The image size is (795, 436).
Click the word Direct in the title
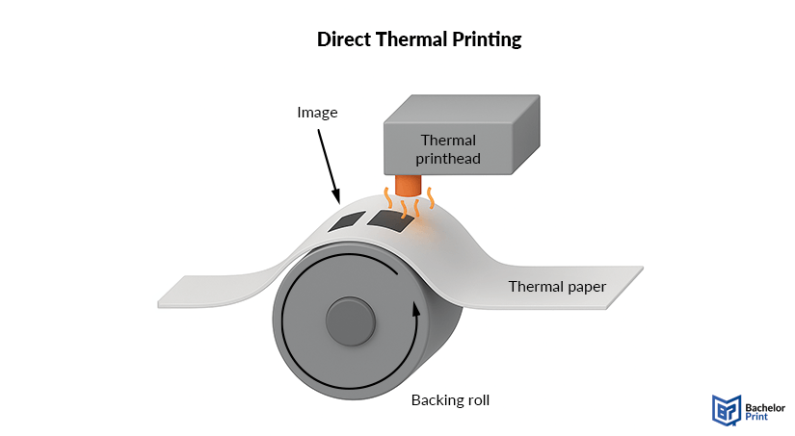[x=342, y=40]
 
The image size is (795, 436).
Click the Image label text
[x=317, y=113]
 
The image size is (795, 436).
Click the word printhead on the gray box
[x=448, y=158]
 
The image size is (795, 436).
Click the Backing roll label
[x=451, y=400]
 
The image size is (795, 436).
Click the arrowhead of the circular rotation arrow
[x=416, y=308]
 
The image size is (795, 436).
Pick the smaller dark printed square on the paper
[x=345, y=222]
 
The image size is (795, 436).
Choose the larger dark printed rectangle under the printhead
[x=389, y=220]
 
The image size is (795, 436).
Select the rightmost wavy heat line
[x=431, y=199]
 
